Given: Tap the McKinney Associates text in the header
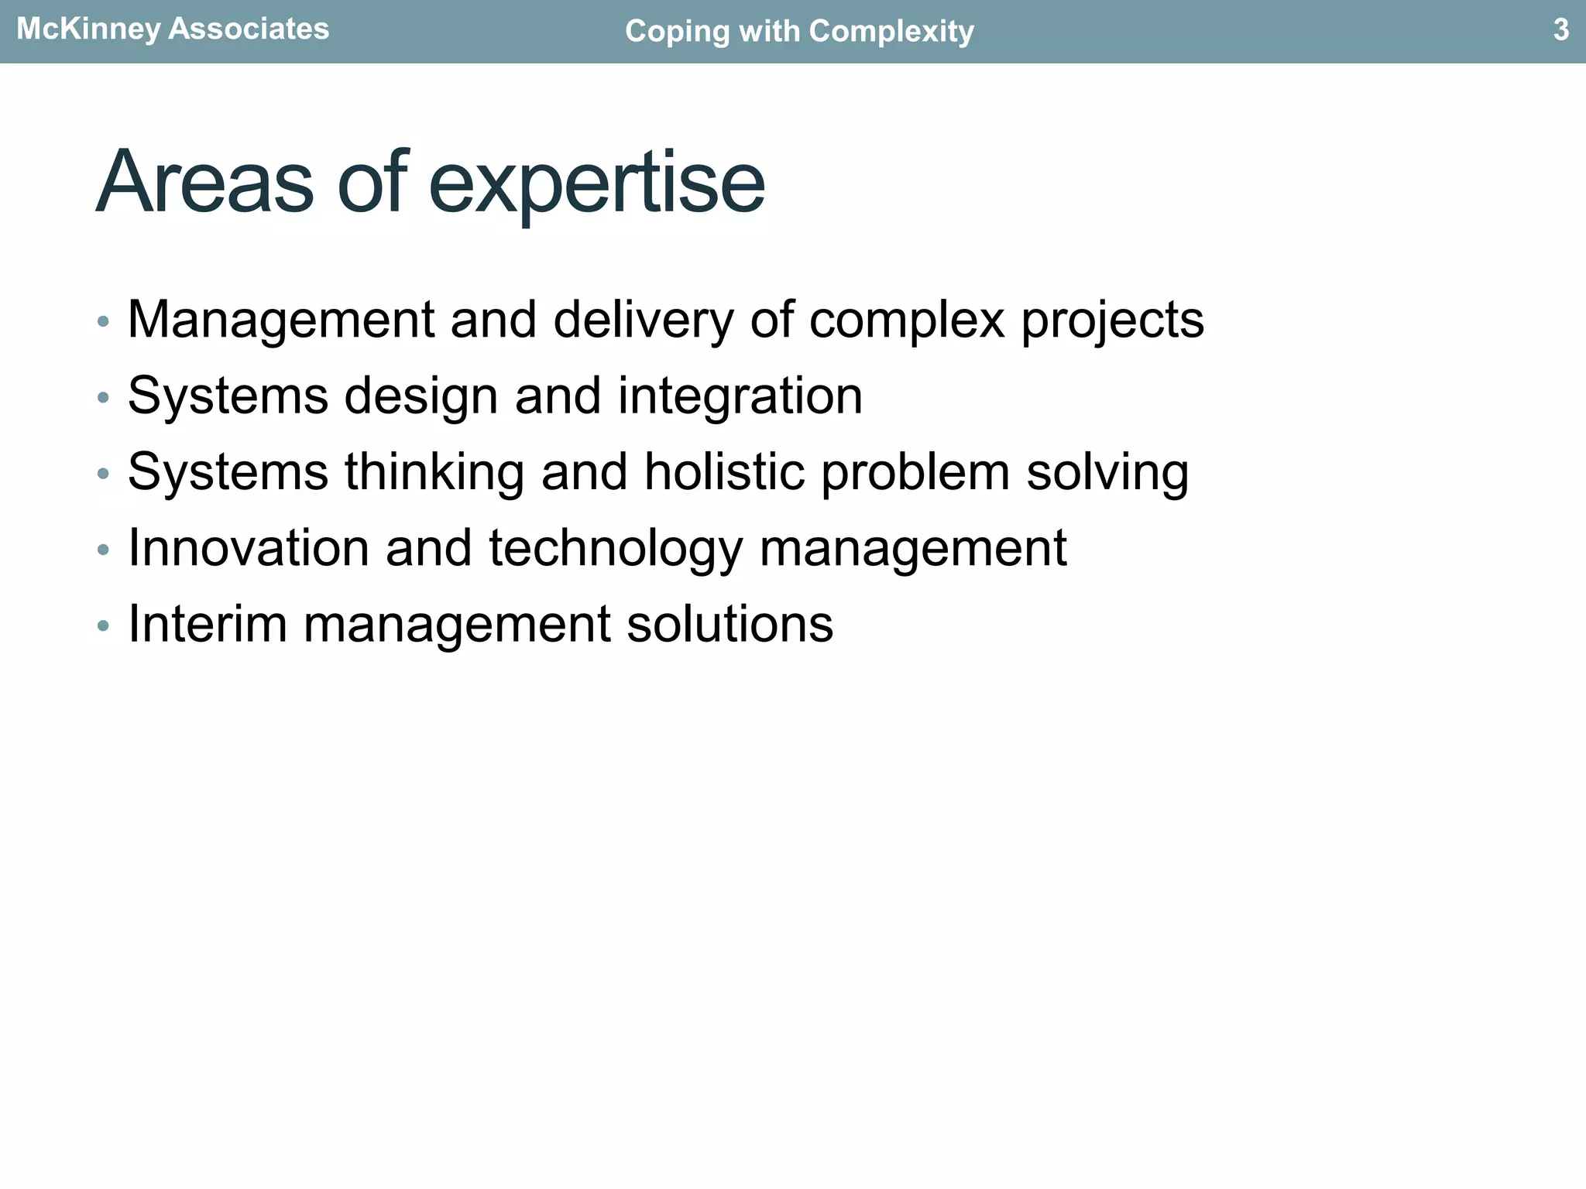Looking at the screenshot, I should click(173, 29).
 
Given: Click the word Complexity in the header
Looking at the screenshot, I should click(891, 32).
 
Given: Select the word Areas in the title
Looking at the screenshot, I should click(204, 183).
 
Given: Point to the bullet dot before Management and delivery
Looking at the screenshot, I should click(103, 321).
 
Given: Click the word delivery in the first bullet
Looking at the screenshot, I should click(643, 319).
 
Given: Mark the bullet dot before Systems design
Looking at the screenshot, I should click(103, 398).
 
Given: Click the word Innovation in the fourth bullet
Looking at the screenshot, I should click(248, 548).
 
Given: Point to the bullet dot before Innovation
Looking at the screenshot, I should click(103, 550).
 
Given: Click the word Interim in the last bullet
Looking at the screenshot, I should click(207, 624).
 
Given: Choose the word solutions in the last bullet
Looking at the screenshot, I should click(729, 624).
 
